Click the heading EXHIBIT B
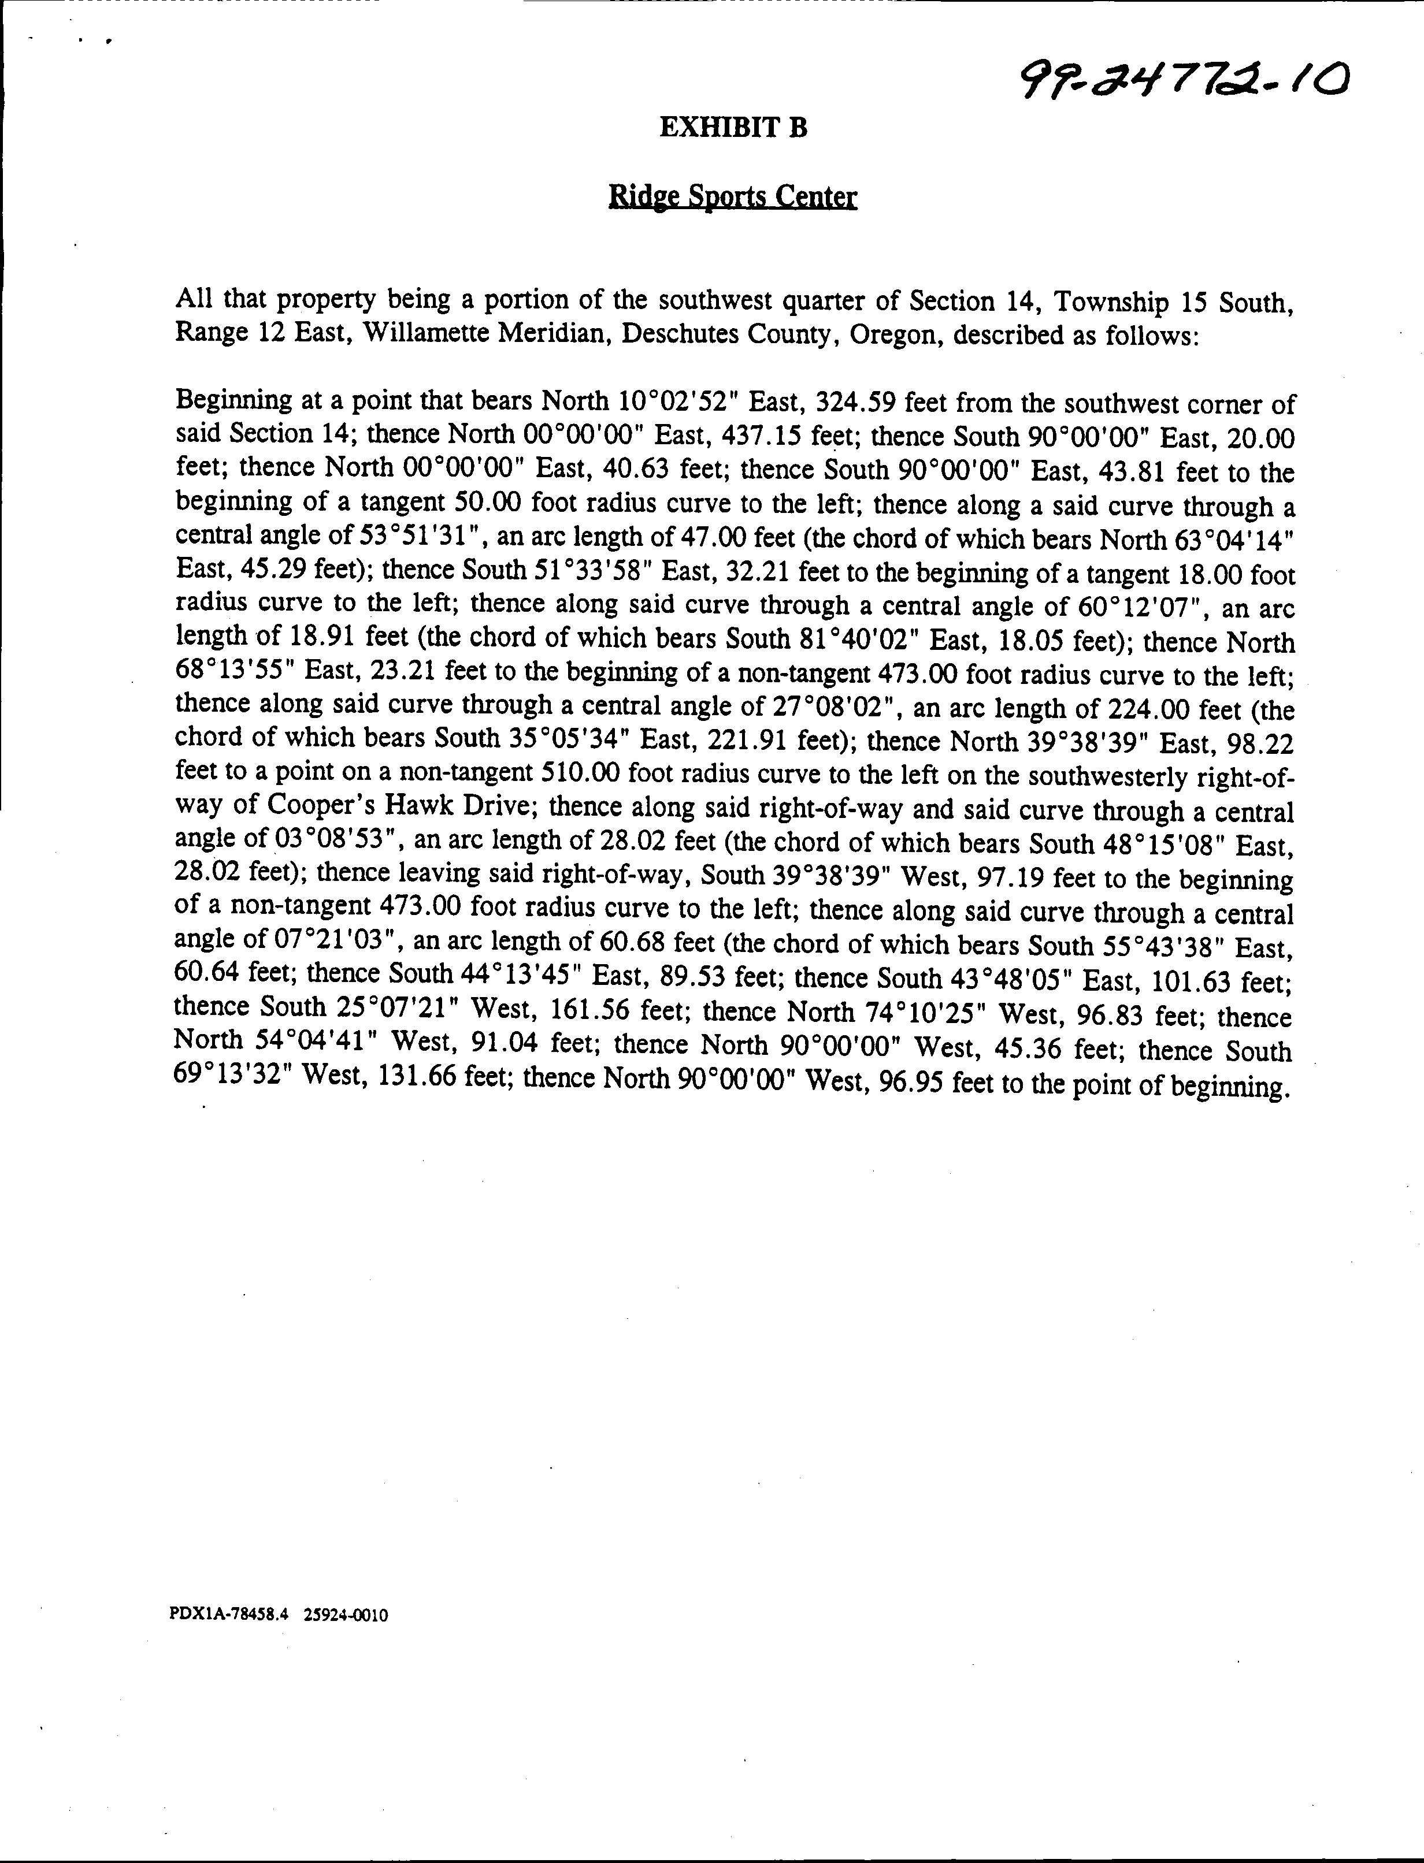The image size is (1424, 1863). pos(733,128)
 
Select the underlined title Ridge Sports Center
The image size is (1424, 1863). pos(733,198)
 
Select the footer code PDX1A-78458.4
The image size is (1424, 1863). pos(229,1615)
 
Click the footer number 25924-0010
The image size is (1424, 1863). pos(345,1615)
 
